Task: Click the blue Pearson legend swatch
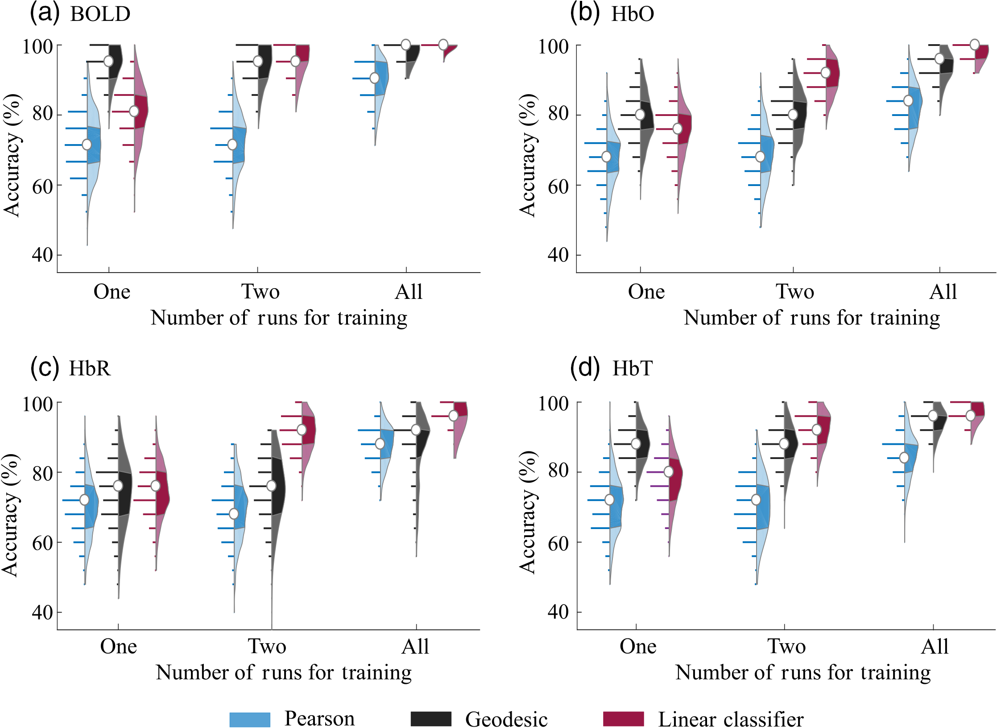[250, 719]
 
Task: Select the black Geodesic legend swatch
[431, 719]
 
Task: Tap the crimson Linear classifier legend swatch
[623, 719]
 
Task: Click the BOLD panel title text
[100, 14]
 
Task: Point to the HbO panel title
[632, 14]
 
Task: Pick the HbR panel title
[90, 368]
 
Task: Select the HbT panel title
[632, 368]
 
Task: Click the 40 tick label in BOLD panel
[42, 255]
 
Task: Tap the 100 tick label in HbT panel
[553, 403]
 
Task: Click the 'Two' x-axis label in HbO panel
[795, 292]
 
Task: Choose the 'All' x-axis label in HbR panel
[415, 646]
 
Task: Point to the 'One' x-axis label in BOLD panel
[112, 292]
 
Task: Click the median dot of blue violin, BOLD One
[87, 145]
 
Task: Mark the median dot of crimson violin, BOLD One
[134, 111]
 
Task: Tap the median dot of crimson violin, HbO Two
[826, 72]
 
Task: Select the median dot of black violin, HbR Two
[271, 486]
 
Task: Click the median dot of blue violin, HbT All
[904, 458]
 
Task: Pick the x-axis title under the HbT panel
[803, 672]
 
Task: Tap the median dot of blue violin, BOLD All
[375, 78]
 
